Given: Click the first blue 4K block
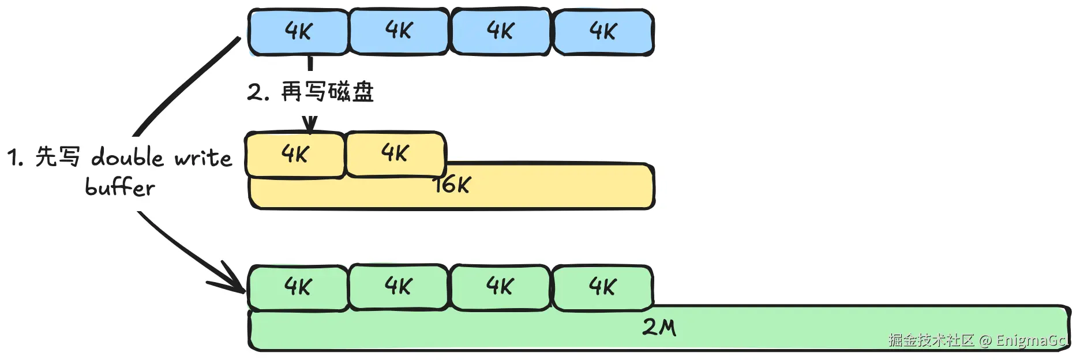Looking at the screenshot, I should [298, 32].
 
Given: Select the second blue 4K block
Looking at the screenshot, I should [399, 31].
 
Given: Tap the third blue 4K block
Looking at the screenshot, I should [500, 31].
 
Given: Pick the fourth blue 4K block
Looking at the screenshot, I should [603, 32].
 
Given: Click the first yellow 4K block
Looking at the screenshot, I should [295, 155].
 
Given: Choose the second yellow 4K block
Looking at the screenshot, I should [395, 153].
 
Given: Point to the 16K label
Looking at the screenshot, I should [453, 185].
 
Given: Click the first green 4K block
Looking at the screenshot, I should [298, 287].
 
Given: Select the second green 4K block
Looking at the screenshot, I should [399, 287].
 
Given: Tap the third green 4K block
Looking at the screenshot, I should [500, 287].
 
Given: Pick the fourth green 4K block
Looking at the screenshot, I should [603, 287].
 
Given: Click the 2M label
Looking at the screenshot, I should [659, 328].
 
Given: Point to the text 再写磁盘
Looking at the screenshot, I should [327, 92].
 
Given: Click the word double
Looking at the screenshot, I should [127, 157].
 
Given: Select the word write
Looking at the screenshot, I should [203, 157].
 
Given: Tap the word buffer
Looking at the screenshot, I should [120, 187].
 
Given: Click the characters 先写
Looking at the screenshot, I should [58, 156].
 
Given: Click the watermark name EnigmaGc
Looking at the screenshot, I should [1030, 340].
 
